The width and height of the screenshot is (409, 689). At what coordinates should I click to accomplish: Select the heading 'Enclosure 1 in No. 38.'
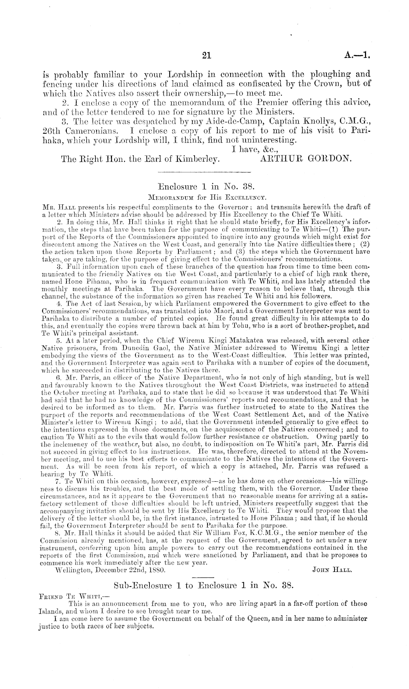coord(204,186)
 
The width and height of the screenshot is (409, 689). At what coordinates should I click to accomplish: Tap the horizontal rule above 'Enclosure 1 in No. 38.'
coord(204,172)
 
